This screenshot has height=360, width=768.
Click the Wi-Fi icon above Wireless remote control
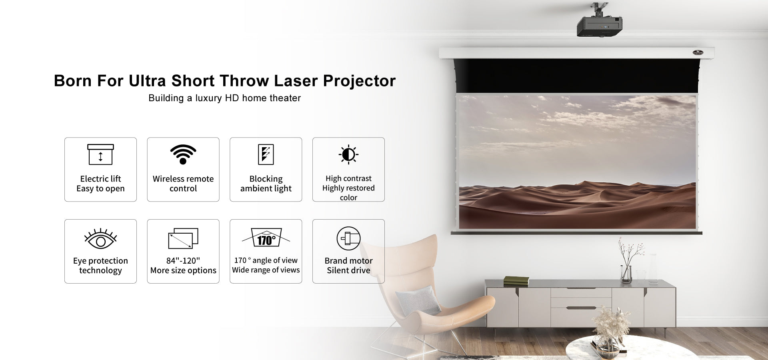pyautogui.click(x=183, y=154)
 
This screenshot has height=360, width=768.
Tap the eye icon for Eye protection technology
pyautogui.click(x=100, y=239)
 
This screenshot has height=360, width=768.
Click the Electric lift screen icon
pyautogui.click(x=100, y=154)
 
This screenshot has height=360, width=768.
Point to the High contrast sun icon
pyautogui.click(x=348, y=154)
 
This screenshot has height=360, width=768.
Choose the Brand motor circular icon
pyautogui.click(x=348, y=238)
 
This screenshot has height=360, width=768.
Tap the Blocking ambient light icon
pyautogui.click(x=266, y=154)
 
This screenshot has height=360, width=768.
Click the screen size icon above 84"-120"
pyautogui.click(x=183, y=238)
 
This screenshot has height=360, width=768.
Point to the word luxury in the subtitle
pyautogui.click(x=209, y=98)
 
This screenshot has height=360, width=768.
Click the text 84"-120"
pyautogui.click(x=183, y=261)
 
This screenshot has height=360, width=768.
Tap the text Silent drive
pyautogui.click(x=348, y=270)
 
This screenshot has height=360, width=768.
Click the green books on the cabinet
pyautogui.click(x=516, y=280)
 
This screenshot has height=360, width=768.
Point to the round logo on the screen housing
pyautogui.click(x=698, y=52)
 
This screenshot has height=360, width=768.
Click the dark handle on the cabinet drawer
pyautogui.click(x=581, y=308)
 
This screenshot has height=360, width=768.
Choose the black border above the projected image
pyautogui.click(x=576, y=76)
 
